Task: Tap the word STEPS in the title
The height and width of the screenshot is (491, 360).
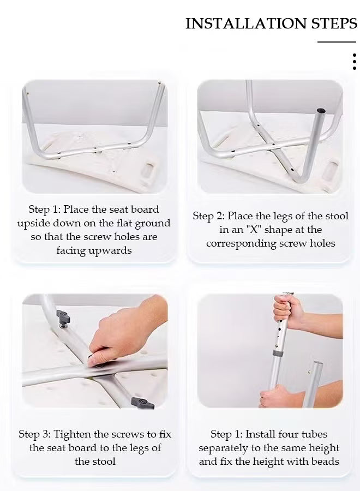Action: pyautogui.click(x=334, y=23)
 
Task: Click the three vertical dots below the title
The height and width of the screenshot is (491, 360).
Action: pyautogui.click(x=354, y=62)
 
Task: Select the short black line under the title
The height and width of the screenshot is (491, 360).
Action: pyautogui.click(x=337, y=42)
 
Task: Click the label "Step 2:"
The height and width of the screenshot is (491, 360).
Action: pyautogui.click(x=208, y=216)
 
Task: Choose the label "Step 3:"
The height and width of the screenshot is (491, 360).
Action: pyautogui.click(x=34, y=434)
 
